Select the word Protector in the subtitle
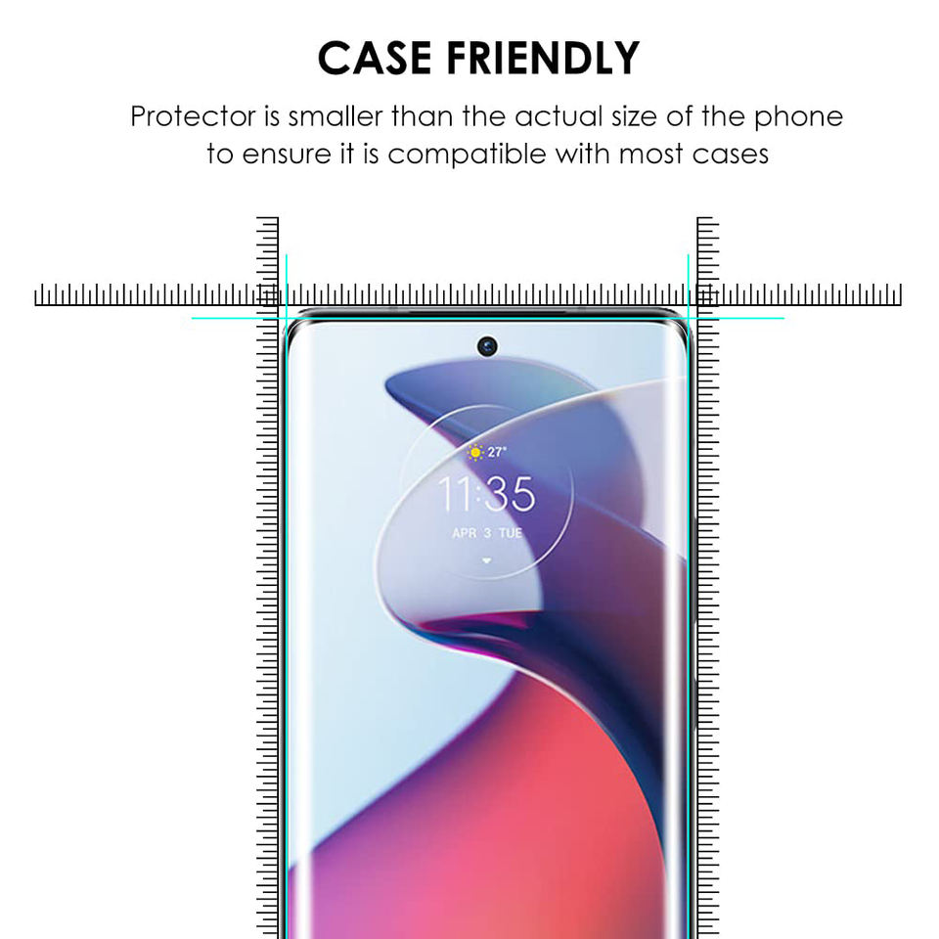192,116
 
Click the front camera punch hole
487,346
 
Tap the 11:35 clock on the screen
486,495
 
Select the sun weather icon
474,452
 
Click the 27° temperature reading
497,452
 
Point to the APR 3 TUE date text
486,533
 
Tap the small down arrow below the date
486,560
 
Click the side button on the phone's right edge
693,548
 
